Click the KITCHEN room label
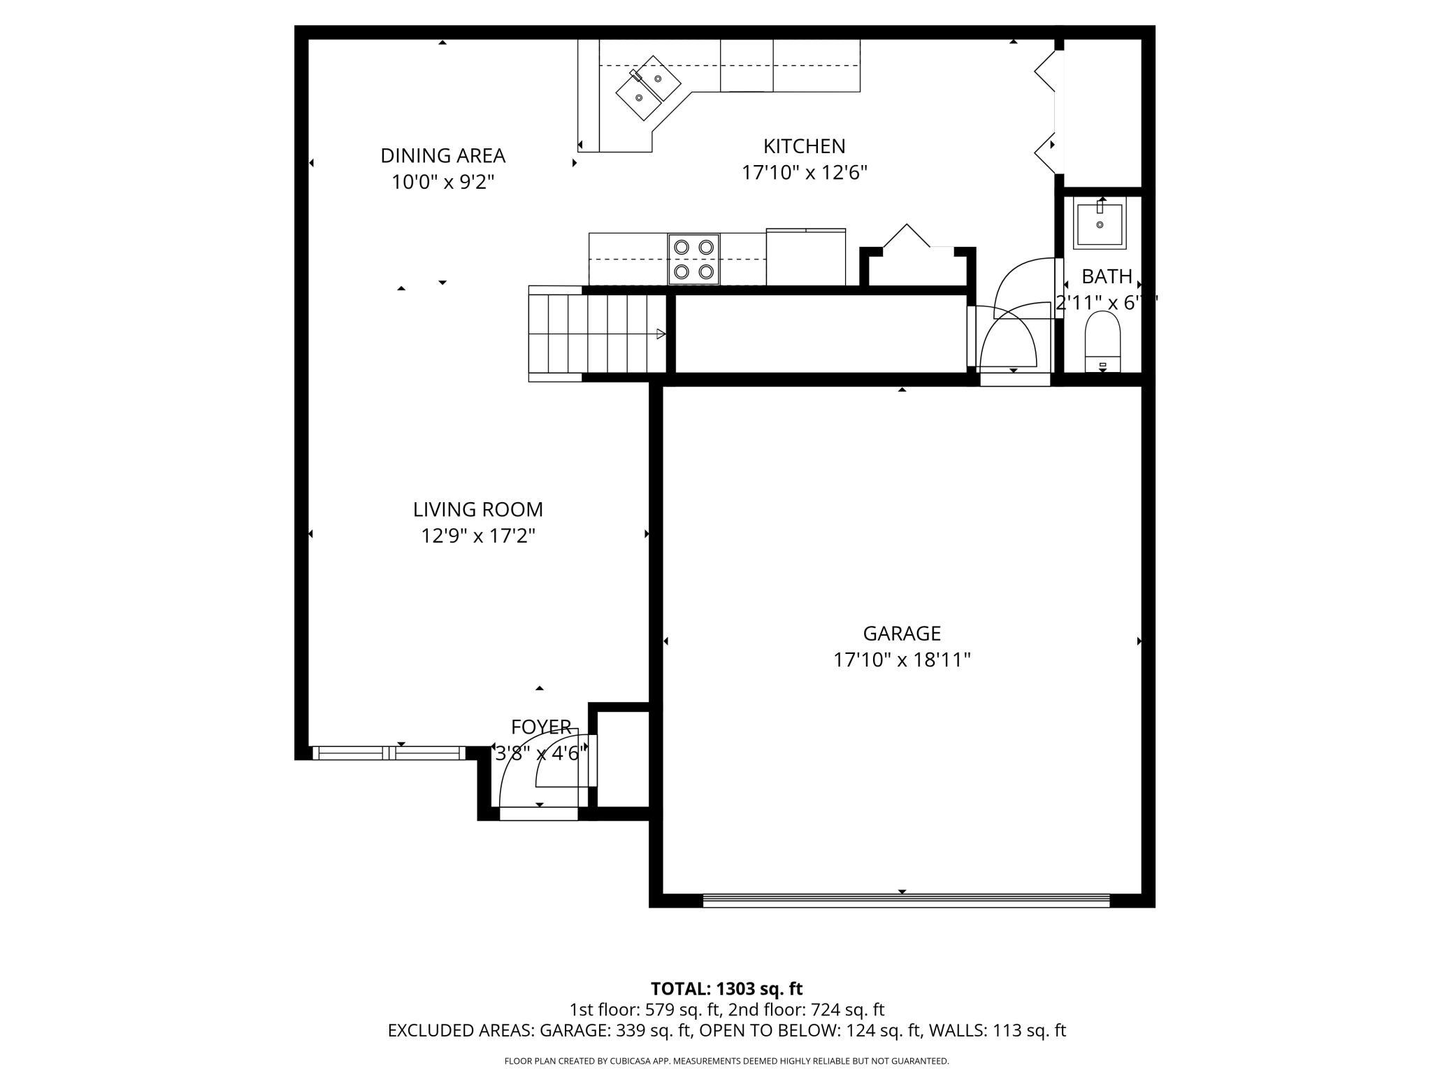click(804, 146)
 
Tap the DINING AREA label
click(442, 155)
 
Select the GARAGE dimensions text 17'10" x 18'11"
click(902, 659)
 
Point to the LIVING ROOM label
click(477, 509)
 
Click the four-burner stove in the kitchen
click(693, 259)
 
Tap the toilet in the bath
click(1102, 341)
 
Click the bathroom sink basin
click(1100, 225)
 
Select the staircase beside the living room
click(598, 334)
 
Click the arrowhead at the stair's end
click(661, 334)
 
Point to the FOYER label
click(540, 727)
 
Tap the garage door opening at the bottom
click(905, 901)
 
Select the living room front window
click(388, 753)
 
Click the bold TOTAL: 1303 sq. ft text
click(726, 989)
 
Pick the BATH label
click(1107, 276)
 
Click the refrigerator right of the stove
click(805, 257)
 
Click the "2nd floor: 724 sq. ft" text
click(806, 1010)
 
